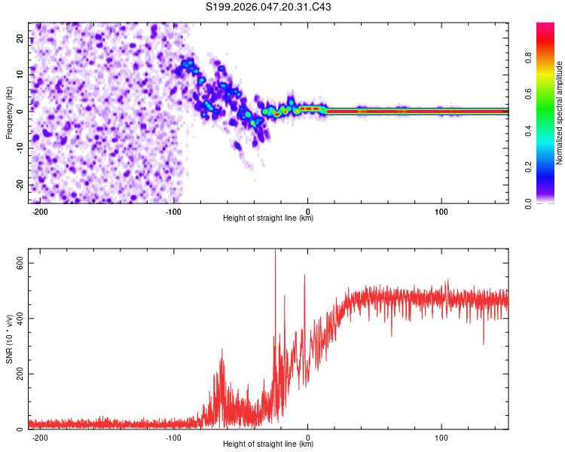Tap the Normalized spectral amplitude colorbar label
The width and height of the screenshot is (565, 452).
tap(559, 113)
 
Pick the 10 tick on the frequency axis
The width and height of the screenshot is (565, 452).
tap(21, 75)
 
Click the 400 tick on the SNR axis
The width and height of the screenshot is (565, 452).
tap(19, 318)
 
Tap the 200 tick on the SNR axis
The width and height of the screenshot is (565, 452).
tap(19, 374)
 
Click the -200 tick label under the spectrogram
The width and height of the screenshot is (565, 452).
tap(41, 211)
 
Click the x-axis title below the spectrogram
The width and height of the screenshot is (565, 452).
tap(268, 218)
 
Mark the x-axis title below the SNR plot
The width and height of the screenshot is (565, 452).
tap(268, 444)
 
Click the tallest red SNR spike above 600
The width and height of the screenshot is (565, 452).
tap(275, 253)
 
